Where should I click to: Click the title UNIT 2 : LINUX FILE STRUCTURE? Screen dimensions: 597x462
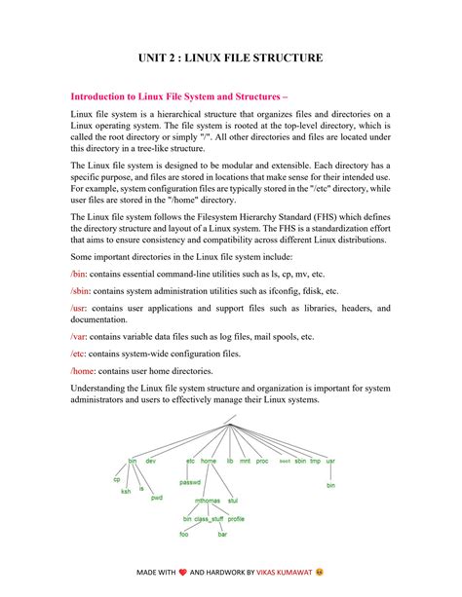tap(230, 58)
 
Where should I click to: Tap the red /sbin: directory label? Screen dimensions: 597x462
tap(81, 291)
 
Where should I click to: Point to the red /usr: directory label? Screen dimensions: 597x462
tap(80, 308)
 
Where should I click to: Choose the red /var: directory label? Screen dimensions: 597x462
tap(79, 336)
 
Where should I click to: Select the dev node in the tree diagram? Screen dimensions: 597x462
tap(151, 460)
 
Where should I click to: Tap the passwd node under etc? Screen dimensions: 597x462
tap(190, 481)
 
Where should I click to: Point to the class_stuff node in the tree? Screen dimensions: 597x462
tap(210, 519)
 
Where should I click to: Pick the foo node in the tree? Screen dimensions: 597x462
tap(184, 535)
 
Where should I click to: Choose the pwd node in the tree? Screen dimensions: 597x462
tap(157, 498)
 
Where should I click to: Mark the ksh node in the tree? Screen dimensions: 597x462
tap(126, 491)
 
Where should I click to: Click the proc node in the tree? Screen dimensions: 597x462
tap(262, 460)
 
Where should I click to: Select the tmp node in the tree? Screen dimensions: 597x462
tap(315, 460)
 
